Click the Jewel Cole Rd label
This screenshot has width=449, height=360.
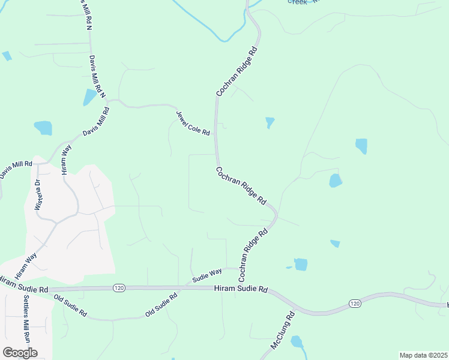193,123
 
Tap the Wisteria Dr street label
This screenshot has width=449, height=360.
37,196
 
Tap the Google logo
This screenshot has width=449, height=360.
20,353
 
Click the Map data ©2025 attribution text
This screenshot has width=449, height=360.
423,355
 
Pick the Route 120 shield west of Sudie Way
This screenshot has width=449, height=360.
118,289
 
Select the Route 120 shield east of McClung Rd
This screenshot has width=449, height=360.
354,304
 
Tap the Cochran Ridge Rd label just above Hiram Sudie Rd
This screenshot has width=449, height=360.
252,256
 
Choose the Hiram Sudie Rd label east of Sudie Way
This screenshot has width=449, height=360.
240,289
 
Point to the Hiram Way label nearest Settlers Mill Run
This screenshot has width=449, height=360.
26,265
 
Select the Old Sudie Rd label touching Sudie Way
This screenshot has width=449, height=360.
161,305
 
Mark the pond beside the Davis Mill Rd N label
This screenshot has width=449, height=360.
90,97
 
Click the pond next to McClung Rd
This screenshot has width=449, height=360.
297,342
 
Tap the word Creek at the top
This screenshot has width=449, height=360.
298,2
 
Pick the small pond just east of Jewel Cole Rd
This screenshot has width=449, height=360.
270,122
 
